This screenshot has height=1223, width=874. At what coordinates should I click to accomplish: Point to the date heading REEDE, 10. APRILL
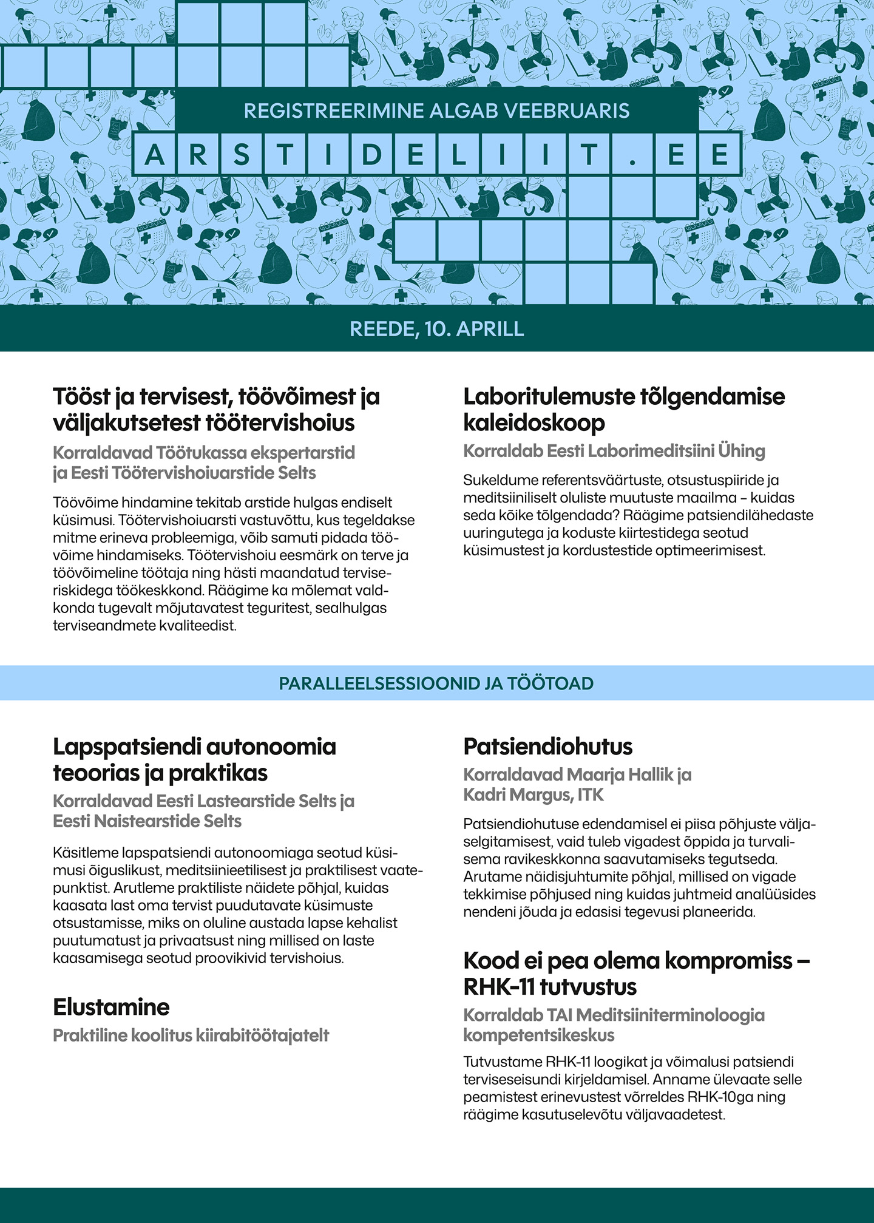click(437, 328)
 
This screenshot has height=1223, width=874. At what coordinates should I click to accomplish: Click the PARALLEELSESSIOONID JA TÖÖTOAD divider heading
click(436, 683)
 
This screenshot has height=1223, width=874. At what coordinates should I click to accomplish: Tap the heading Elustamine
click(111, 1007)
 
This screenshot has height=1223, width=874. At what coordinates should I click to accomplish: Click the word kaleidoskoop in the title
click(534, 423)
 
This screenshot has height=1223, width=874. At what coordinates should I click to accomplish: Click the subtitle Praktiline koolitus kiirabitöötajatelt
click(191, 1035)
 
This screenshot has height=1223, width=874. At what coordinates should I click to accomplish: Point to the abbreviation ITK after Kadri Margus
click(591, 794)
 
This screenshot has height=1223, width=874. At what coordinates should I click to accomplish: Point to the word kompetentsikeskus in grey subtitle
click(539, 1035)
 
